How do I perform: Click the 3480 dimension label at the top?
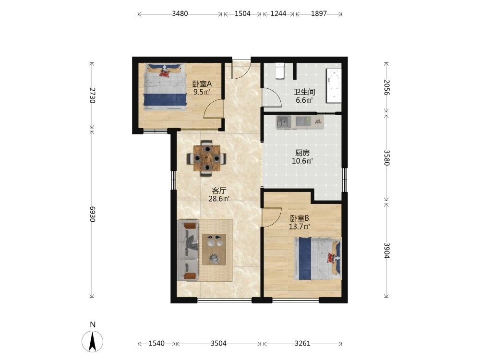pyautogui.click(x=180, y=14)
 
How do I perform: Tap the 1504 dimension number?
pyautogui.click(x=242, y=14)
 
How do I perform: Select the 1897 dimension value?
pyautogui.click(x=319, y=14)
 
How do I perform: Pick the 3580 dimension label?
pyautogui.click(x=387, y=157)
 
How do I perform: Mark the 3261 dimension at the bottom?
pyautogui.click(x=302, y=344)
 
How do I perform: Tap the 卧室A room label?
pyautogui.click(x=202, y=84)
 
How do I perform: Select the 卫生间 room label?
pyautogui.click(x=304, y=92)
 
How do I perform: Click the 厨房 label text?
pyautogui.click(x=302, y=153)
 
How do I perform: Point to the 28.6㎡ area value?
pyautogui.click(x=219, y=199)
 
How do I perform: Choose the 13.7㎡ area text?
pyautogui.click(x=300, y=227)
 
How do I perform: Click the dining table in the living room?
pyautogui.click(x=207, y=158)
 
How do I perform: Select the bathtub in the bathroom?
pyautogui.click(x=334, y=86)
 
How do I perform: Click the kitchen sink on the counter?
pyautogui.click(x=284, y=121)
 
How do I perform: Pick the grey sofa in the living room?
pyautogui.click(x=188, y=251)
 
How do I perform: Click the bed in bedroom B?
pyautogui.click(x=317, y=259)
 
